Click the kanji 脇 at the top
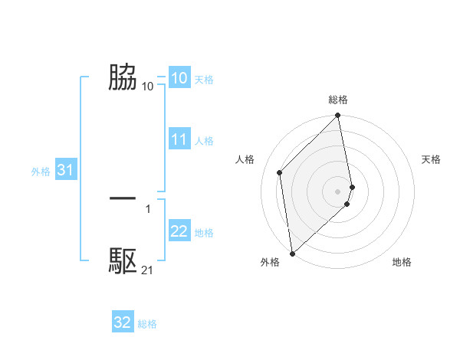(123, 77)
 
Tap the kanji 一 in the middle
(123, 198)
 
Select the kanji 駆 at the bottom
(123, 261)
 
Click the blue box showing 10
(179, 78)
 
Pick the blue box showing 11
(179, 139)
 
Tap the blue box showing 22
(179, 231)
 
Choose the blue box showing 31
(65, 171)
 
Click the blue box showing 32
(123, 322)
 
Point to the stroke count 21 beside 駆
(147, 270)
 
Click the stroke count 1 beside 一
(148, 208)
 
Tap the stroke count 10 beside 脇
(147, 86)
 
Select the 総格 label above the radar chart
(338, 100)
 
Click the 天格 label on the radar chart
(431, 159)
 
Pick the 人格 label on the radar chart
(245, 159)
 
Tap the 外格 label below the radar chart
(270, 262)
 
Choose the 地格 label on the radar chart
(402, 262)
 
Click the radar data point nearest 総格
(338, 116)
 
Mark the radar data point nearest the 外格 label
(292, 253)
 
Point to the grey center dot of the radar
(338, 191)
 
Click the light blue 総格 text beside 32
(147, 324)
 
